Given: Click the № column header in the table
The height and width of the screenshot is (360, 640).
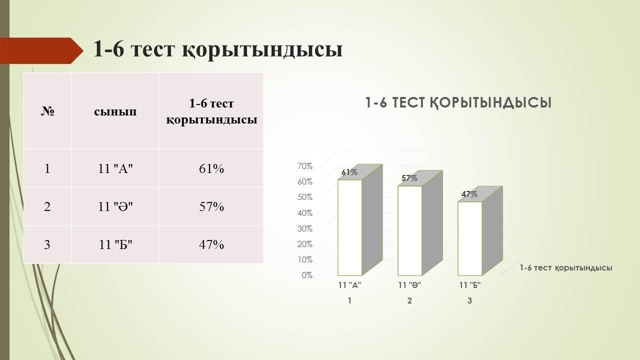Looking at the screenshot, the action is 47,111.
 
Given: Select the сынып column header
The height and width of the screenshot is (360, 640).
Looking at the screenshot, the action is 115,111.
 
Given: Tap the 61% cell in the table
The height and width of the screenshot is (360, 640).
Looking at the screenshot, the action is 211,168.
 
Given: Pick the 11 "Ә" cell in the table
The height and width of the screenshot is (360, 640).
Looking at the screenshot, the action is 115,206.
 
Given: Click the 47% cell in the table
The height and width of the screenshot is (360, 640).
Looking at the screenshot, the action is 211,244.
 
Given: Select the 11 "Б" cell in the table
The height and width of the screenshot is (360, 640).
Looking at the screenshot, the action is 115,244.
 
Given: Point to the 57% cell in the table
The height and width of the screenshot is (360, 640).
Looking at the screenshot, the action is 211,206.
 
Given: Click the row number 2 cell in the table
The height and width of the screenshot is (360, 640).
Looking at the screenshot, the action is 47,206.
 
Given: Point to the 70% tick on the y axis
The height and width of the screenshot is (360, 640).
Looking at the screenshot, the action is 305,166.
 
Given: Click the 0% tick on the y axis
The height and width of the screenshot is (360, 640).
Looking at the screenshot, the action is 307,275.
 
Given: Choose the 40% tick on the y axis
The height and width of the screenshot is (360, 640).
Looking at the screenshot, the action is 305,213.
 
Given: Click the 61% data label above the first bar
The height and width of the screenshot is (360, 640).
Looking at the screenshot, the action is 349,172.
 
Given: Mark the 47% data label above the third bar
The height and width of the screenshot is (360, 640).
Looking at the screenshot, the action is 469,194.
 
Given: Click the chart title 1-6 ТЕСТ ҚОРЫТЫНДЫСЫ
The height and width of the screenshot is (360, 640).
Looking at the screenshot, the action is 458,103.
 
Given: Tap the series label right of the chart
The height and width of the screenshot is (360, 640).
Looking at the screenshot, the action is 565,268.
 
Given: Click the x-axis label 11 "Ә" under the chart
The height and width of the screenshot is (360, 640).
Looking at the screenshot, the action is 409,285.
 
